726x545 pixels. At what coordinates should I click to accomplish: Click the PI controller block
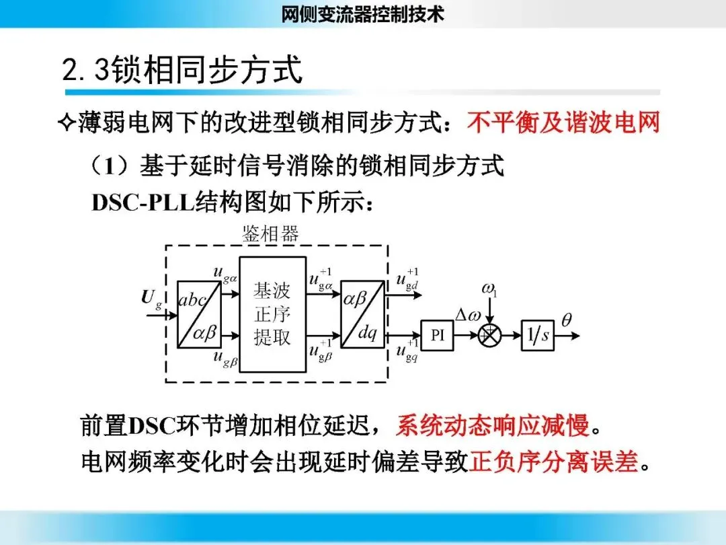(438, 335)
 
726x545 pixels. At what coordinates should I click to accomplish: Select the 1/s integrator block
(538, 335)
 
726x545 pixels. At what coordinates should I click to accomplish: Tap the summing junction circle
(489, 335)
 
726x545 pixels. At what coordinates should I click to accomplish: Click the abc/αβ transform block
(198, 314)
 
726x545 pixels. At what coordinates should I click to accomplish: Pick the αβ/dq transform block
(362, 314)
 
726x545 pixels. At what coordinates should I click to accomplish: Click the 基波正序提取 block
(272, 314)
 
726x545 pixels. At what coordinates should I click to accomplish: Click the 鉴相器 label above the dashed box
(270, 233)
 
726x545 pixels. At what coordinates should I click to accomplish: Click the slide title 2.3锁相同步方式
(182, 70)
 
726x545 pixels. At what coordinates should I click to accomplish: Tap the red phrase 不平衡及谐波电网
(563, 122)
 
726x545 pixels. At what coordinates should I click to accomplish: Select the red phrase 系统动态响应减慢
(492, 425)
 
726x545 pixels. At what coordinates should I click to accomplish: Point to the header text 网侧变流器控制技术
(363, 13)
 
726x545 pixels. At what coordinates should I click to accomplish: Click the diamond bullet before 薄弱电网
(66, 123)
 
